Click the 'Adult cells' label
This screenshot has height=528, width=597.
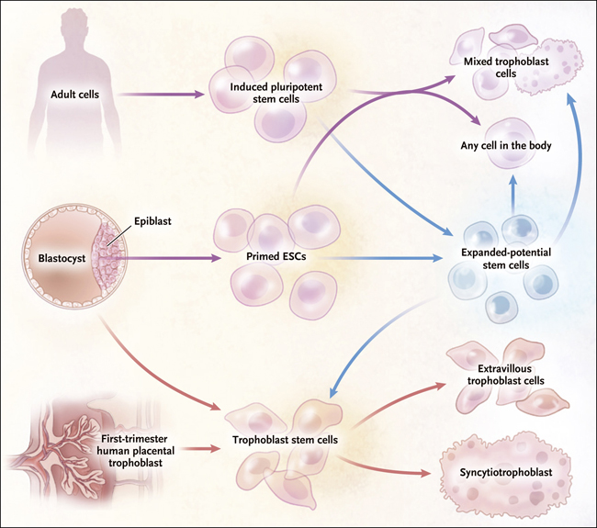tap(74, 95)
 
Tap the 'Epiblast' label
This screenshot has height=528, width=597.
tap(152, 221)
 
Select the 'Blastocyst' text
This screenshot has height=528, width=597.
tap(62, 258)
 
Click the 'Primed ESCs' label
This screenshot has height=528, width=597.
tap(276, 256)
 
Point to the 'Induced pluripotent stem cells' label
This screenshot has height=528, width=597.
tap(276, 93)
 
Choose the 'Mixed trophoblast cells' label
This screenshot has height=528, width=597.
tap(506, 67)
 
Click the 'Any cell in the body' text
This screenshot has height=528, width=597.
tap(506, 145)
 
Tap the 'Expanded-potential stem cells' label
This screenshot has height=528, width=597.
tap(506, 258)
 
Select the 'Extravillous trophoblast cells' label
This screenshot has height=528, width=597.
tap(506, 375)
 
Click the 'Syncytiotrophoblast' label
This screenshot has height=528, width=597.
tap(506, 472)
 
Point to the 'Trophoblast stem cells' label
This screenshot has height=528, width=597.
tap(285, 440)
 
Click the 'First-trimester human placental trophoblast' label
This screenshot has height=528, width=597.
tap(135, 451)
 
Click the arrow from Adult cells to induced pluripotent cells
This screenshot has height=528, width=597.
tap(161, 94)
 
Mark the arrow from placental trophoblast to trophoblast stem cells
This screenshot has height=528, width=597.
tap(199, 448)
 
